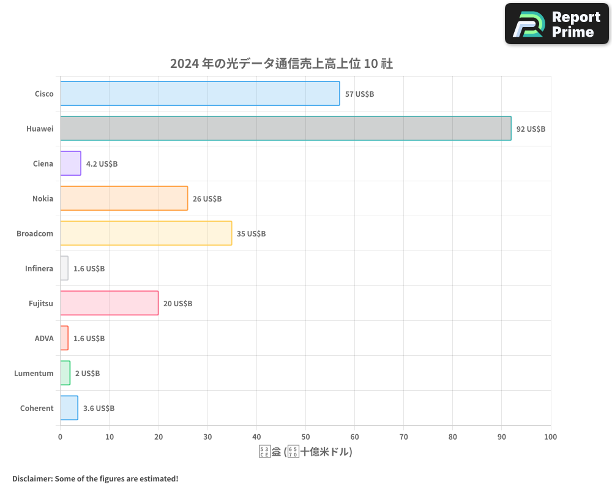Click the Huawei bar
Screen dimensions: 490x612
[x=285, y=129]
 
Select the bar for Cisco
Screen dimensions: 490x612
[x=200, y=94]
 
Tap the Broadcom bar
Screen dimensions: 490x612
[x=146, y=233]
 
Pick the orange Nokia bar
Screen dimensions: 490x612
[x=124, y=198]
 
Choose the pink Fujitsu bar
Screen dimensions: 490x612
[x=109, y=303]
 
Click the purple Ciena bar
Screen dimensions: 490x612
[x=70, y=164]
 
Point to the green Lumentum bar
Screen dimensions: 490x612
[x=65, y=373]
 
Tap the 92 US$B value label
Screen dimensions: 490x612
[x=531, y=129]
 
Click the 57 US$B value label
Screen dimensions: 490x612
[x=359, y=94]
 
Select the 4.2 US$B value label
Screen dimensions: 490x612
[x=102, y=164]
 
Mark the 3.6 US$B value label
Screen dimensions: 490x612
[x=99, y=409]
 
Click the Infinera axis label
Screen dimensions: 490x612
[x=39, y=268]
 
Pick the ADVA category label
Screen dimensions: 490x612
[x=44, y=338]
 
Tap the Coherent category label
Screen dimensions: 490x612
[x=37, y=408]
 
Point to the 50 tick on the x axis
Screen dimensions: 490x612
[x=305, y=437]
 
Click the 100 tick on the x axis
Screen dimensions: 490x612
[x=550, y=437]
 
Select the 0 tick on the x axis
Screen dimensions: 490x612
[x=60, y=437]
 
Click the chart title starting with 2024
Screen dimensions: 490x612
[x=281, y=64]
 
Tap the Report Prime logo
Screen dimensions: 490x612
[x=557, y=24]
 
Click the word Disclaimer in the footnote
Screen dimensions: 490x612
[x=31, y=478]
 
